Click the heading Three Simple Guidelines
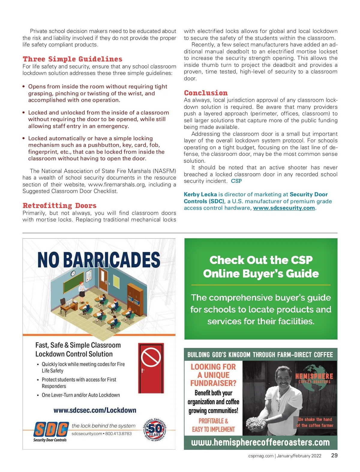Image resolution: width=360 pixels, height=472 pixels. point(72,59)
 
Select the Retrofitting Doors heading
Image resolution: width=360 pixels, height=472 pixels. point(59,206)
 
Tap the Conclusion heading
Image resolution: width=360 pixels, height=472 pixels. point(206,93)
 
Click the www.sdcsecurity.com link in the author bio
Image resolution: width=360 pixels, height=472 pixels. point(284,208)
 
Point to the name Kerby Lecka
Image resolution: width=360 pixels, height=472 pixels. point(200,194)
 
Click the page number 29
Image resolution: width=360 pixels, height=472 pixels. point(334,456)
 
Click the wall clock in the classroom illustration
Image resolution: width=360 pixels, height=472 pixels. point(73,273)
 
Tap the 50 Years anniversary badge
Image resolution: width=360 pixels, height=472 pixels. point(155,430)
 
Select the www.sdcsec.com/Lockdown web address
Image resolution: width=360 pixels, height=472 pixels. point(95,410)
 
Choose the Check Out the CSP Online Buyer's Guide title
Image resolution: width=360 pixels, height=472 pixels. point(261,267)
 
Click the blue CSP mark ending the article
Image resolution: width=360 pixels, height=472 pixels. point(236,181)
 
